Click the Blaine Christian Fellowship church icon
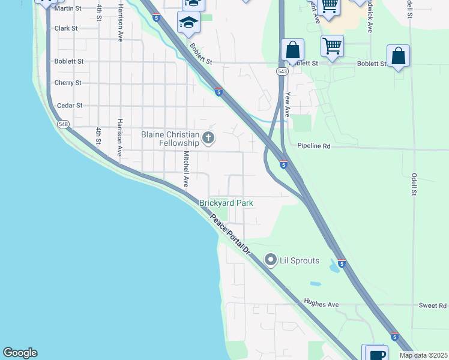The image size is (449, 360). [208, 139]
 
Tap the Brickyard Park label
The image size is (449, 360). [226, 203]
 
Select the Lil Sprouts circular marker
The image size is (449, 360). [271, 260]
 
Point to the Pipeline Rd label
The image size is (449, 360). [314, 146]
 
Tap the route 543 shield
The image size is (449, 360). [282, 71]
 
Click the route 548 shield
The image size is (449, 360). [63, 124]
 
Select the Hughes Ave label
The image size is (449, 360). [321, 304]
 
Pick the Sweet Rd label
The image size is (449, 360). [432, 305]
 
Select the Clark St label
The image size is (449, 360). [65, 28]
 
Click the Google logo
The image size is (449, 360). [20, 353]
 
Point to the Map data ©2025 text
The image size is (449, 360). [423, 356]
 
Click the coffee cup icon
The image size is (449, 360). [378, 354]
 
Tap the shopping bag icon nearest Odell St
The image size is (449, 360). [398, 56]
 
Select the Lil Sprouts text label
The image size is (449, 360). [300, 260]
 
